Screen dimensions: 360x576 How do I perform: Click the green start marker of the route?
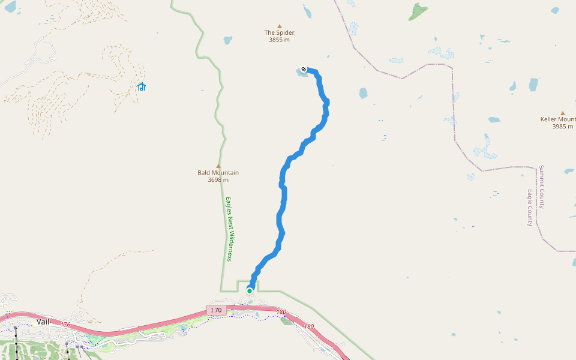[250, 291]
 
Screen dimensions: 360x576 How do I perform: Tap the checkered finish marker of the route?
[304, 69]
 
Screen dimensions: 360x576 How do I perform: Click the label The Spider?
[279, 32]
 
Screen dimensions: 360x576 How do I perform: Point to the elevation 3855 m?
[279, 40]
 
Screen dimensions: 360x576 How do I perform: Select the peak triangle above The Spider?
[279, 26]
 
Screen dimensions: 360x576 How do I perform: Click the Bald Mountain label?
[218, 173]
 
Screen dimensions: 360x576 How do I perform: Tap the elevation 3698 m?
[218, 179]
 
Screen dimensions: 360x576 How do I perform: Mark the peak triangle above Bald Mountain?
[218, 166]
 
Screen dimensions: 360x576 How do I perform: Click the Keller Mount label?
[558, 119]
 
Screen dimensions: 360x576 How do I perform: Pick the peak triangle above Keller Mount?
[563, 113]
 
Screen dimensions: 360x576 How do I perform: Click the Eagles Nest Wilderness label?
[229, 229]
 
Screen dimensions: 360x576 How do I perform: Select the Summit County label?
[542, 187]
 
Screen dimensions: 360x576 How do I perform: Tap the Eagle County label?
[530, 208]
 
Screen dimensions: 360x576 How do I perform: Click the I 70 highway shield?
[216, 310]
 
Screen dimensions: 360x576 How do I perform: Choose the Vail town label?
[43, 322]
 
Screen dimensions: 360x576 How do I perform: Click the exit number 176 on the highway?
[65, 325]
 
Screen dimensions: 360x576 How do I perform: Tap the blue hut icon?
[142, 87]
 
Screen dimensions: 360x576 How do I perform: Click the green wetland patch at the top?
[419, 11]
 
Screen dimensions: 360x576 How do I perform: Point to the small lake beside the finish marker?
[299, 73]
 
